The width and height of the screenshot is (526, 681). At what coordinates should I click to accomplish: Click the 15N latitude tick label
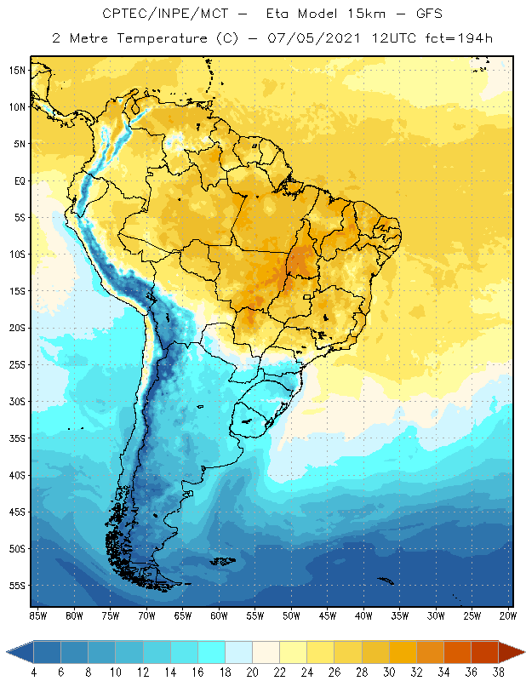(17, 70)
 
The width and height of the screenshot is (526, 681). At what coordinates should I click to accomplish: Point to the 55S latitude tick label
(17, 586)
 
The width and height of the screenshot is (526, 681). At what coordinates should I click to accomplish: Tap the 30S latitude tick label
(17, 401)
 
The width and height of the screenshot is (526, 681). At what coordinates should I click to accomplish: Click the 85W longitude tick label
(37, 615)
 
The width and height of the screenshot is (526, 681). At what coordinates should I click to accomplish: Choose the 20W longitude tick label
(508, 615)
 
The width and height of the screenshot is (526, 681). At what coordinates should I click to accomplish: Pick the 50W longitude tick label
(291, 615)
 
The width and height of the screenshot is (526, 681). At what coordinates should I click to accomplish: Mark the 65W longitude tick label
(182, 615)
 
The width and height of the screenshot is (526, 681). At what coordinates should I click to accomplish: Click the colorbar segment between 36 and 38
(484, 652)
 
